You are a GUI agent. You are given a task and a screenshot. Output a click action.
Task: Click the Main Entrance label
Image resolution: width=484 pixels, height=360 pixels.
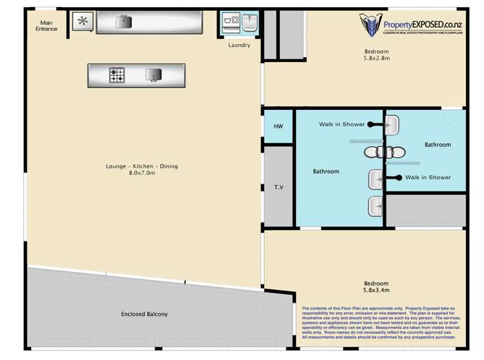point(47,25)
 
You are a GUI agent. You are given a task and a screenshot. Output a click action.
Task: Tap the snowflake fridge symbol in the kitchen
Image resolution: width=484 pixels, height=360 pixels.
point(82,21)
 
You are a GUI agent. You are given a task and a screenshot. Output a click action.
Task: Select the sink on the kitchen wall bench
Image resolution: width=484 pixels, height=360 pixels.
point(123,22)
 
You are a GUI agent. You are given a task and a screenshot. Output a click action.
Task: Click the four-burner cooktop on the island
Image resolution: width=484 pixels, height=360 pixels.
point(118,76)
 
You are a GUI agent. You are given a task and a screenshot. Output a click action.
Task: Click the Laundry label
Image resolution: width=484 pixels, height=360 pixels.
point(239,45)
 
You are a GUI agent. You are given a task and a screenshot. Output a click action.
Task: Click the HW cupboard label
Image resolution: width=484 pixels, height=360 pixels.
point(279,126)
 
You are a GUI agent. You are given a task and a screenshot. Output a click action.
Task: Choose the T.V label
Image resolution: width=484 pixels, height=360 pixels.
point(279,187)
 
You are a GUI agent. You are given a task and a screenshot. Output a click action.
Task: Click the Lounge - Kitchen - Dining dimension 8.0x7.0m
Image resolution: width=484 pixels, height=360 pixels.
point(142,173)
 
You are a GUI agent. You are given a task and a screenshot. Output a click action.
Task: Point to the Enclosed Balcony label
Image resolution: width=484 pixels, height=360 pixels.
point(144,314)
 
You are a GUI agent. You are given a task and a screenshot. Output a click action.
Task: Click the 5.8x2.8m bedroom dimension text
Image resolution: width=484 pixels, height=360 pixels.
point(375,59)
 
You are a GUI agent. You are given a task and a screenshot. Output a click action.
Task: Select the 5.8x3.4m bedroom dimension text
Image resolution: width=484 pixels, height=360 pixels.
point(375,291)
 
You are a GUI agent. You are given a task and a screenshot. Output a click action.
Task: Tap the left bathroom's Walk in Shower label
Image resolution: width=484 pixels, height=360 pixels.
point(341,124)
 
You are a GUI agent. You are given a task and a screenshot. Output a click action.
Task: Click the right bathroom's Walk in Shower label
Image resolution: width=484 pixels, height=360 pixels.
point(428,177)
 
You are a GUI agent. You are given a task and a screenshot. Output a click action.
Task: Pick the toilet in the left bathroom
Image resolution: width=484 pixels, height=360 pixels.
point(373,153)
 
